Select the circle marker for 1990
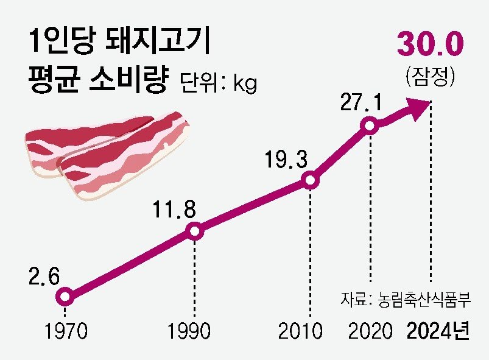[x=194, y=231]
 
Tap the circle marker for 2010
[x=310, y=180]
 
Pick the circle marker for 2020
[x=368, y=126]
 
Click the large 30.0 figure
[x=431, y=46]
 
